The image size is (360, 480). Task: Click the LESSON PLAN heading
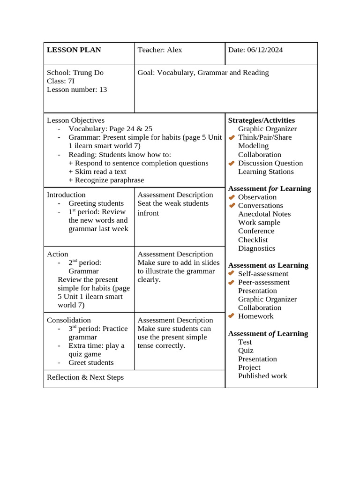point(74,50)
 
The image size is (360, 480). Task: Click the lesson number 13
point(103,90)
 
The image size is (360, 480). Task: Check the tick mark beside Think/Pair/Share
point(232,137)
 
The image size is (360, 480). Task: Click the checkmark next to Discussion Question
point(232,163)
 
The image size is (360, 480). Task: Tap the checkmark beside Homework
point(232,316)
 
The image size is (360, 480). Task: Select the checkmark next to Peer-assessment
point(232,282)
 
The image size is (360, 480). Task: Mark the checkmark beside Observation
point(232,197)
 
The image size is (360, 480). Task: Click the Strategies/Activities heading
point(261,120)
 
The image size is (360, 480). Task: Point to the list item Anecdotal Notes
point(264,214)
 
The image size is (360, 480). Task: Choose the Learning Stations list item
point(266,172)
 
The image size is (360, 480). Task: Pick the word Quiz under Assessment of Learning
point(246,351)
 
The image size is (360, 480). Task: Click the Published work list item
point(262,376)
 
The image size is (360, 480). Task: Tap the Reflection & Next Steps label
point(85,377)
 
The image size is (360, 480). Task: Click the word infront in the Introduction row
point(148,213)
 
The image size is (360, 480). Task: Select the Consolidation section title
point(68,320)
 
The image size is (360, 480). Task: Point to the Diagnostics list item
point(256,248)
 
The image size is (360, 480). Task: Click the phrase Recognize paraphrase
point(109,180)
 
